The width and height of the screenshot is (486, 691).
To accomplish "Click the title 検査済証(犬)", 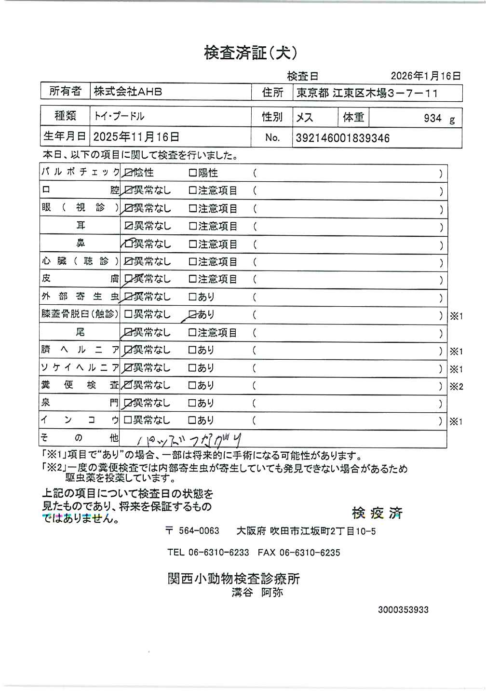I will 250,53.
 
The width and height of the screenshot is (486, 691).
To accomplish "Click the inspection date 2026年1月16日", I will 426,76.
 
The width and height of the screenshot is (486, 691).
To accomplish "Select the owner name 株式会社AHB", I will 128,92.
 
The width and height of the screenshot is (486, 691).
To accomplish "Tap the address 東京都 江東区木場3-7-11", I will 367,93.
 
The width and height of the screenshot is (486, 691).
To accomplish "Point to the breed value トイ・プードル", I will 119,116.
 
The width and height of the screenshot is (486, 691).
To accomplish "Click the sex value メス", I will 305,118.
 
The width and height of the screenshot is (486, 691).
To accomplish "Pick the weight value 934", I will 432,118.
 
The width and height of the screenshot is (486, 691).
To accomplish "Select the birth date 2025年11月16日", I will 136,137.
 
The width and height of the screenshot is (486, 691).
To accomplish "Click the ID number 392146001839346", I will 342,138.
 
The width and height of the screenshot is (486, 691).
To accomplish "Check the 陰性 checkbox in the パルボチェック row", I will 129,173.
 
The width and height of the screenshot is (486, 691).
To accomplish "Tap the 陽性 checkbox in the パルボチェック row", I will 193,173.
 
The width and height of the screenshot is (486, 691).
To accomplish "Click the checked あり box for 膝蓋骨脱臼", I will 192,314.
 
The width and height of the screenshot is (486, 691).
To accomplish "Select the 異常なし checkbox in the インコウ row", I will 128,420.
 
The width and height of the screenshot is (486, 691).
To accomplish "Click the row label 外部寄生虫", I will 80,297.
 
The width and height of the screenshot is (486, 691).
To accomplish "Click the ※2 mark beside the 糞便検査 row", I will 456,386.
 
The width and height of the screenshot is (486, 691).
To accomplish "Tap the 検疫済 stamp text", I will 377,513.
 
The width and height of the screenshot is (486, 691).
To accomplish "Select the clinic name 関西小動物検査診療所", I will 234,578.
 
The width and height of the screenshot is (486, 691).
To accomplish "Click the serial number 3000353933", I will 403,610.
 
